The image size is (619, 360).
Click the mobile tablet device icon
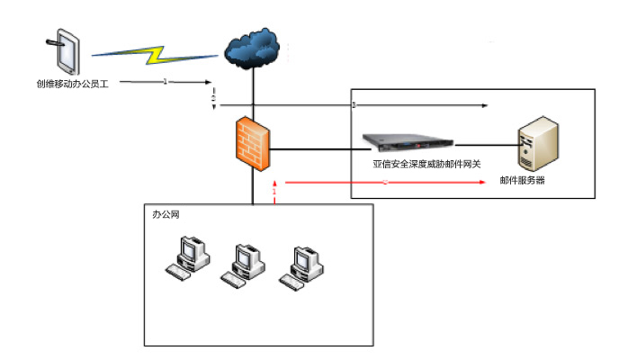point(62,53)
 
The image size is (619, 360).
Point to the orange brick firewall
point(252,142)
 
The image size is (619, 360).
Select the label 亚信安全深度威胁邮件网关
point(427,164)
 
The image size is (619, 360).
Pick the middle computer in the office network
point(242,264)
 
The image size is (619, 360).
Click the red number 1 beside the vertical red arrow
point(274,192)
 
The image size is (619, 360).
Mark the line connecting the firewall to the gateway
point(315,147)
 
